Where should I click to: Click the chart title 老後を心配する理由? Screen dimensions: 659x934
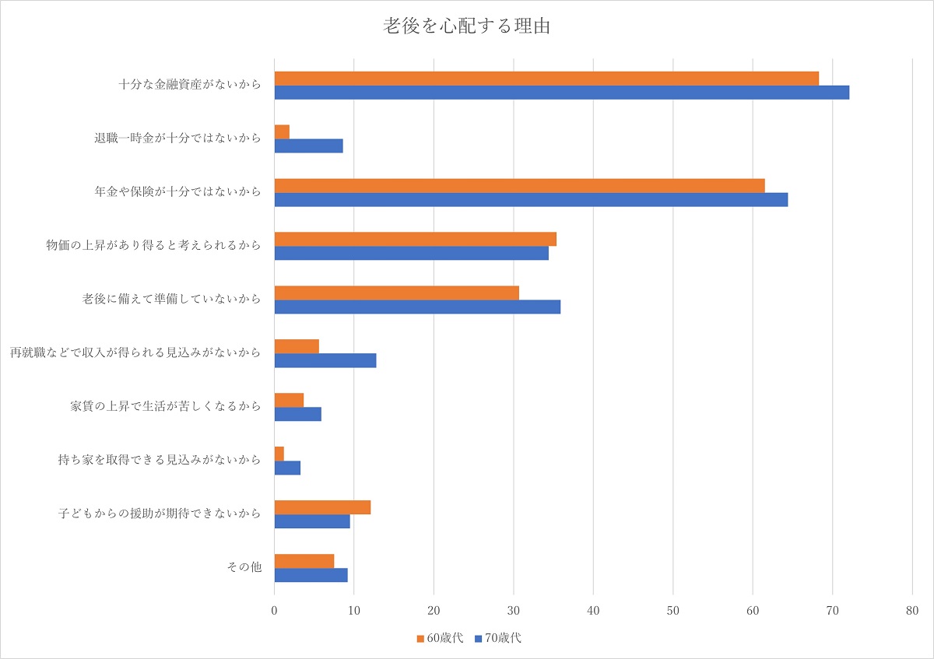click(467, 26)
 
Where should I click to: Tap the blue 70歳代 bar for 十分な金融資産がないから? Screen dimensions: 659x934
click(561, 93)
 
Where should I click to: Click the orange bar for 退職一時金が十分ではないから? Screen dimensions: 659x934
click(282, 131)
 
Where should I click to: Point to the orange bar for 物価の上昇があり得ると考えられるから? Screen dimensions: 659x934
click(415, 239)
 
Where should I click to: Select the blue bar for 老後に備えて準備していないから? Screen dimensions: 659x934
click(417, 307)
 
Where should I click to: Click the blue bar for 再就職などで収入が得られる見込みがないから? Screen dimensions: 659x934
click(325, 360)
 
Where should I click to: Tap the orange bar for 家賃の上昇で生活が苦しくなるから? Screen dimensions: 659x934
click(289, 400)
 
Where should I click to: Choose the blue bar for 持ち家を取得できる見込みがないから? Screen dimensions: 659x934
click(287, 468)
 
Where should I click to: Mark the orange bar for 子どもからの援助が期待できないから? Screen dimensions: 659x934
click(322, 507)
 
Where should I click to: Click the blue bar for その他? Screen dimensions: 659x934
click(311, 575)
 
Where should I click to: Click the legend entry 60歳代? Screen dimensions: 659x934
click(441, 638)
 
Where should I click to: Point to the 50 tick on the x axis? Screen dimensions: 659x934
click(673, 612)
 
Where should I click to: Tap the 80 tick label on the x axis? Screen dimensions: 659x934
click(912, 612)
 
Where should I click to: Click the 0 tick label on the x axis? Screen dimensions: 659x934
click(275, 612)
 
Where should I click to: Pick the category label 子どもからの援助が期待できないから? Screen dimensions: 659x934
click(160, 514)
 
